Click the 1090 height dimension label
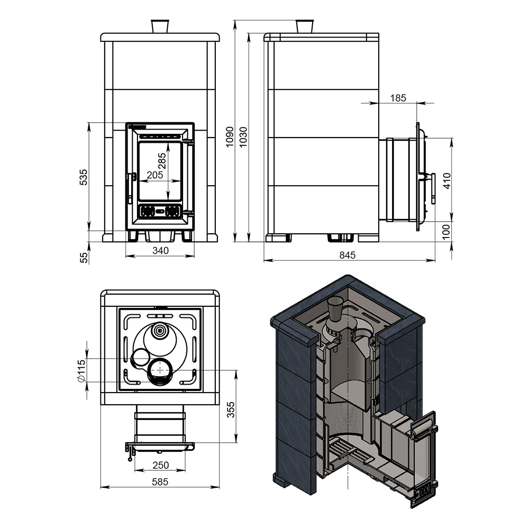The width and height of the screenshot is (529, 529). (230, 136)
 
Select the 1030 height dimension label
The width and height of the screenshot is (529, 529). (243, 136)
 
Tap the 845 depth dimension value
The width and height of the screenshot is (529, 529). (348, 255)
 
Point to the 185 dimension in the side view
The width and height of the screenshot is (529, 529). (398, 98)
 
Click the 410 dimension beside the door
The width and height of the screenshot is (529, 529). (446, 180)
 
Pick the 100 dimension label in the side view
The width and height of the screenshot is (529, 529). (446, 232)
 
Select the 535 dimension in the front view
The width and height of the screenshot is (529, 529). (83, 177)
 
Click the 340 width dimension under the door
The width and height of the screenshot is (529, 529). (160, 251)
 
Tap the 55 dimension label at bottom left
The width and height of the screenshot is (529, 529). (84, 258)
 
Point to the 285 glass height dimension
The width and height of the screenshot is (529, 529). (162, 161)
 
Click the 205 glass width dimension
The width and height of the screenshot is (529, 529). (155, 175)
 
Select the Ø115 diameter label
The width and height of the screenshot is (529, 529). (81, 371)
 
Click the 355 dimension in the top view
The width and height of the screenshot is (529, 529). (231, 409)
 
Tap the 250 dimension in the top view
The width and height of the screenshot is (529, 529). (160, 465)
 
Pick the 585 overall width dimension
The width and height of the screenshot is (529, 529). (160, 482)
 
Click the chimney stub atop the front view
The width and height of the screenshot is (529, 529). (160, 26)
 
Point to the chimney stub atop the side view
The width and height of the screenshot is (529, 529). (305, 26)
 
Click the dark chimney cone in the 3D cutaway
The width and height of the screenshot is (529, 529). (334, 309)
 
